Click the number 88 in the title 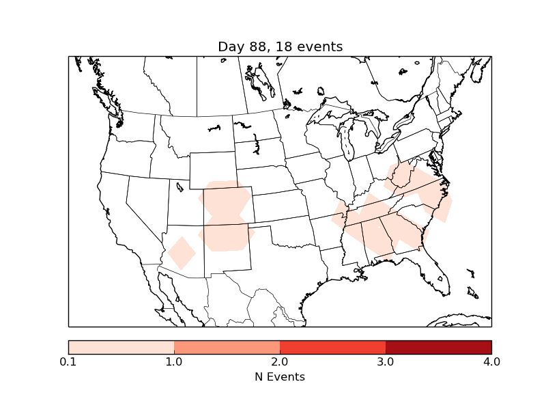point(253,46)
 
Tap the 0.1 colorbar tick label point(68,361)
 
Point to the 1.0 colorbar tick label point(174,361)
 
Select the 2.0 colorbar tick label point(280,361)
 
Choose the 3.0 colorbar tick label point(386,361)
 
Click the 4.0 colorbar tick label point(491,361)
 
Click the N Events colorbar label point(280,377)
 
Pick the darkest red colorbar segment point(438,347)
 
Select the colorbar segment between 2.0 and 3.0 point(332,347)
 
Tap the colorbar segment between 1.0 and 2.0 point(227,347)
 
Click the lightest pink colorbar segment point(121,347)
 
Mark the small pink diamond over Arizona point(182,253)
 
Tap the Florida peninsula point(437,273)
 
